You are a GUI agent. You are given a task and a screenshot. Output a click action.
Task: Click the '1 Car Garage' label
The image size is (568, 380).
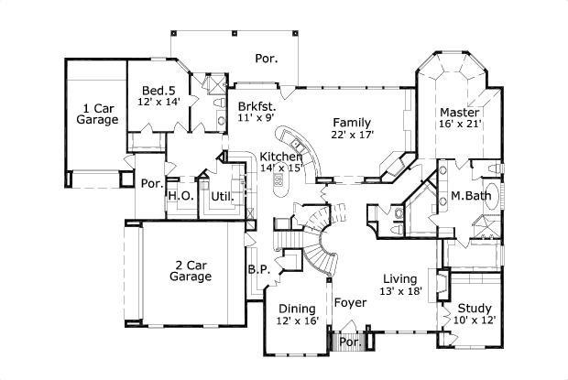[96, 113]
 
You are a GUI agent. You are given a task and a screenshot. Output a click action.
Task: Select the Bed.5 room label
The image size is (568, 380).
[158, 90]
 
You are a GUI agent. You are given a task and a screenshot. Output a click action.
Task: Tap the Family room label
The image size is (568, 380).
[352, 122]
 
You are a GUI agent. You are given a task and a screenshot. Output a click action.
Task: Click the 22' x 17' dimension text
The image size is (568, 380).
[352, 135]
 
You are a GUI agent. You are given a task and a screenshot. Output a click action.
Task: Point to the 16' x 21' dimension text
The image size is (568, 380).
[459, 124]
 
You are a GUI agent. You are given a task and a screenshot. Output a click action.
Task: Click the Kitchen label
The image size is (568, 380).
[280, 157]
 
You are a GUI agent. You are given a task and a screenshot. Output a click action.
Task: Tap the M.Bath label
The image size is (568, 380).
[467, 197]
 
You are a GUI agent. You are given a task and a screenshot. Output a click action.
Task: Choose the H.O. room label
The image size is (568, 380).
[178, 195]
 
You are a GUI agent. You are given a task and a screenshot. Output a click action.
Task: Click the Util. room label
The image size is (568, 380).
[223, 195]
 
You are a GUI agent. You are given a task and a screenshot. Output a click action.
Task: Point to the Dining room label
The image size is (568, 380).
[296, 308]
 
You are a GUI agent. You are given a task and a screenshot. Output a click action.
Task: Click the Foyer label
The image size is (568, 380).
[350, 302]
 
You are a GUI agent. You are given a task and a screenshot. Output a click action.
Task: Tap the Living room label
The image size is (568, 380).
[400, 278]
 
